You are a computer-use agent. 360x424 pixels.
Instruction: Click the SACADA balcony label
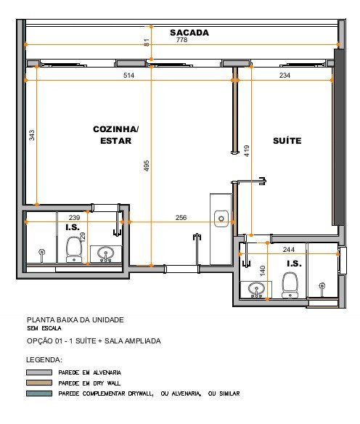click(189, 33)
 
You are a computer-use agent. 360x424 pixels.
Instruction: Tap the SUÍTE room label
click(287, 141)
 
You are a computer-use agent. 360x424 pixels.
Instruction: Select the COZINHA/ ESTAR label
click(116, 135)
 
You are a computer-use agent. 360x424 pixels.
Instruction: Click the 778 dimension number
click(181, 40)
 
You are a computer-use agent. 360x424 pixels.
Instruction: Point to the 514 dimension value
click(128, 76)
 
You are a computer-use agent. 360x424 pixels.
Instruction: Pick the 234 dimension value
click(285, 76)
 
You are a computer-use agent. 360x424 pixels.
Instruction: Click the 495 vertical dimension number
click(146, 166)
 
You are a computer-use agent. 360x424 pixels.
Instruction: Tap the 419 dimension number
click(247, 151)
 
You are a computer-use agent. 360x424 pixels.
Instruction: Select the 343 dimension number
click(32, 136)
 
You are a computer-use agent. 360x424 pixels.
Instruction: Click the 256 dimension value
click(181, 218)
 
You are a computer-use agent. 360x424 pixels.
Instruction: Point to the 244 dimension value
click(289, 250)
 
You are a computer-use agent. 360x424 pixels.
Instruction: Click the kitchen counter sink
click(221, 219)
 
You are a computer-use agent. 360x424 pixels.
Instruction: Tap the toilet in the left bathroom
click(74, 250)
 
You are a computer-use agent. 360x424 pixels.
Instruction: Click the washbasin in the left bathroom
click(106, 254)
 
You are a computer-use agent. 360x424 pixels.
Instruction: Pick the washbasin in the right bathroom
click(256, 290)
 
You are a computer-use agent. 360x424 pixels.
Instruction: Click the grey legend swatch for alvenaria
click(39, 372)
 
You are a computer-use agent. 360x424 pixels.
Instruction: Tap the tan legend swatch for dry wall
click(39, 383)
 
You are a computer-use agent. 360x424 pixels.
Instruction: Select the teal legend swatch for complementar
click(39, 394)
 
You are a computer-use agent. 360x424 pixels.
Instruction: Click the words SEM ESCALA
click(44, 329)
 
